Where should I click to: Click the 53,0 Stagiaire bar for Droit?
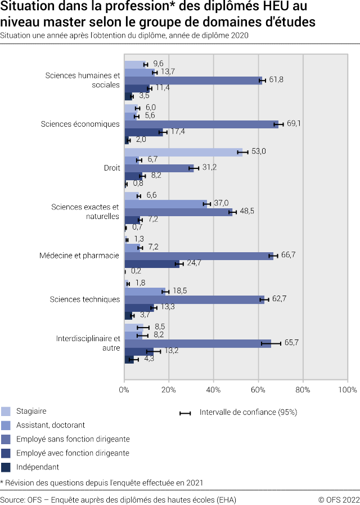(183, 152)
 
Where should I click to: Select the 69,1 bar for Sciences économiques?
(201, 124)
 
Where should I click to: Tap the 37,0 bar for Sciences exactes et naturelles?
(165, 204)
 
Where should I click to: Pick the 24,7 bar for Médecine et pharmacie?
(151, 263)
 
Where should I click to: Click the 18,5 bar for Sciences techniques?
(145, 291)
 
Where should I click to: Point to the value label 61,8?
(276, 80)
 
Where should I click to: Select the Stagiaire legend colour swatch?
(6, 411)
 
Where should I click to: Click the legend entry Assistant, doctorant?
(51, 425)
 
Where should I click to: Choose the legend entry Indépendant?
(38, 467)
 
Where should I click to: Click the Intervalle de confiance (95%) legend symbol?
(185, 413)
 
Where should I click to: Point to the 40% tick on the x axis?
(213, 389)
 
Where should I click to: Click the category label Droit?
(111, 168)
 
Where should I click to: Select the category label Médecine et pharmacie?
(79, 256)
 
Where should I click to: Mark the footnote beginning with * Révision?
(102, 482)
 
